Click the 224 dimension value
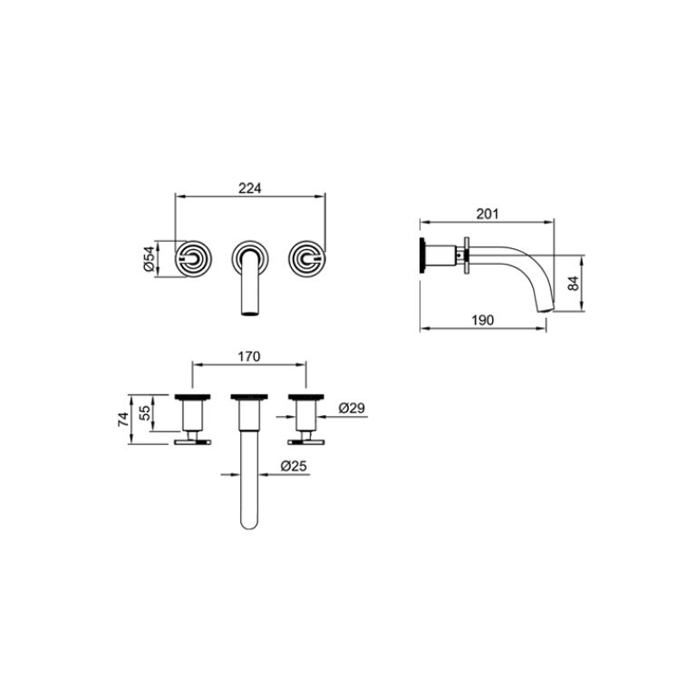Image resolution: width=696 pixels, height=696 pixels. coord(249,188)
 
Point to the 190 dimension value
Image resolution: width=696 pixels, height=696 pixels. coord(482,320)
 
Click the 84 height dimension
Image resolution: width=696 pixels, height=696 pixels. coord(573,283)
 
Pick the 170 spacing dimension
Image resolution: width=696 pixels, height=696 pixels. coord(249,356)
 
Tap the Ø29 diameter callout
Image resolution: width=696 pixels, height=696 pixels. coord(352,409)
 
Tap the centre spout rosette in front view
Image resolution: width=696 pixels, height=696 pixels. coord(249,256)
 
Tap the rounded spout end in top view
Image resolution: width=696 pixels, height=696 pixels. coord(249,524)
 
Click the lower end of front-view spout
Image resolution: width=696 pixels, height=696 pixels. coord(248,311)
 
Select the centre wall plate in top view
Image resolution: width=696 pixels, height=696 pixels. coord(249,396)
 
